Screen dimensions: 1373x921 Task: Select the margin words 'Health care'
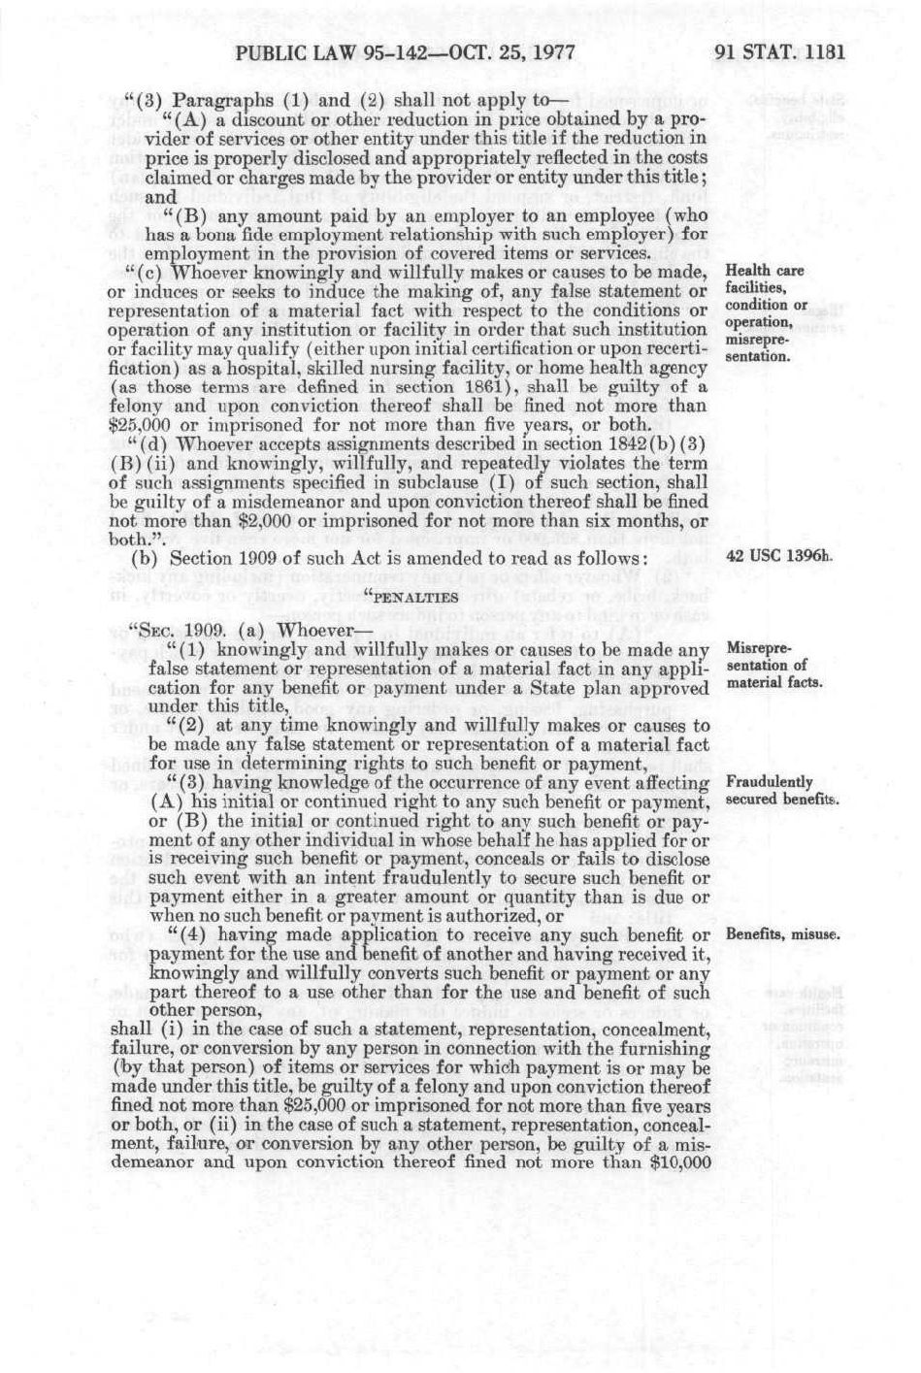[765, 272]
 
